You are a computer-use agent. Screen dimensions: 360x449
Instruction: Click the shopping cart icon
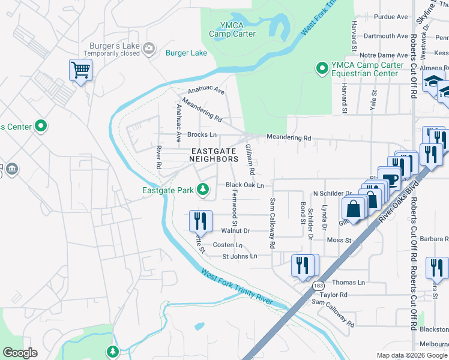[x=80, y=71]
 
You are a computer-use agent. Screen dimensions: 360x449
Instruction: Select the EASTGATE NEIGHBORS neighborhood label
[x=214, y=155]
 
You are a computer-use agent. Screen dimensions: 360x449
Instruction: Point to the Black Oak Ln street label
[x=245, y=185]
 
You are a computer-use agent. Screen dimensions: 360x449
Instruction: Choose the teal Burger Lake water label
[x=186, y=53]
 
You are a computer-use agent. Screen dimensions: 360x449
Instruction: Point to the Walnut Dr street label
[x=235, y=230]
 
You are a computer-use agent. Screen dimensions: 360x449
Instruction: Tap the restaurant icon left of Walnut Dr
[x=199, y=220]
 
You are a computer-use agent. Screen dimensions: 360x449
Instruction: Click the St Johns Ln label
[x=240, y=256]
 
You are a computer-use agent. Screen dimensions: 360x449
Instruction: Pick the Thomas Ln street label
[x=348, y=282]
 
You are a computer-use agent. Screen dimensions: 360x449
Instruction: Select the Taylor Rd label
[x=334, y=295]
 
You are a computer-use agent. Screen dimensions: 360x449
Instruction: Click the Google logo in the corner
[x=20, y=352]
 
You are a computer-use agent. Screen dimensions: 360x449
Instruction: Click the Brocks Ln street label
[x=202, y=134]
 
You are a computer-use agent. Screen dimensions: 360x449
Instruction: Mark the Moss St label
[x=339, y=240]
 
